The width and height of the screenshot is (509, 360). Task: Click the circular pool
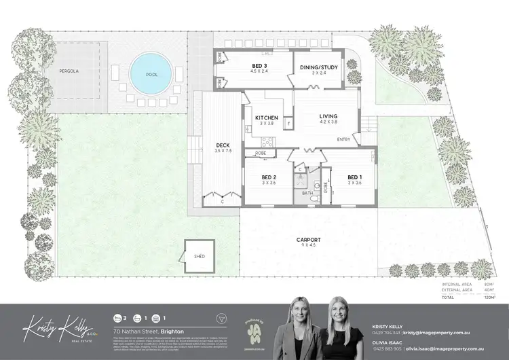[x=150, y=70]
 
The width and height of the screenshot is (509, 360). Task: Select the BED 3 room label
[x=251, y=66]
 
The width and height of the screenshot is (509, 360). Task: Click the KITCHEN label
[x=266, y=118]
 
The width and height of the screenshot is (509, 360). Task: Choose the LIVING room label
[x=328, y=117]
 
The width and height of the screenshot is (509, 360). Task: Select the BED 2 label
[x=269, y=178]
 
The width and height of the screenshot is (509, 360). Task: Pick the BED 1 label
[x=355, y=178]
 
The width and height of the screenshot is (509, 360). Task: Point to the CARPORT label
[x=308, y=240]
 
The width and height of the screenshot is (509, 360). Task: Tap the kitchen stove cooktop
[x=267, y=143]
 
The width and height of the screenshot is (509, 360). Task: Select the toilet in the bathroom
[x=317, y=183]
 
